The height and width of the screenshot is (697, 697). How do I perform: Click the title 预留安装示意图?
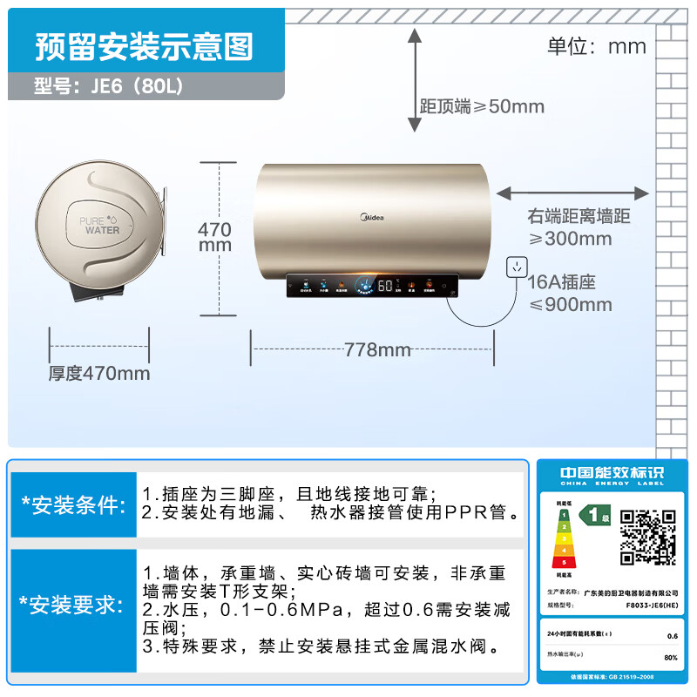pos(144,47)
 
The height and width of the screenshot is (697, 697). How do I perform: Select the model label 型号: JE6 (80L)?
pos(110,87)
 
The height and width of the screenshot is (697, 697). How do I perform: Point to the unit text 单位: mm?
pos(597,45)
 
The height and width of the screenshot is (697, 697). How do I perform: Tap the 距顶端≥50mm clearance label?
pos(482,106)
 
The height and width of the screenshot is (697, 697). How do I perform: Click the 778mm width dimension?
pos(376,349)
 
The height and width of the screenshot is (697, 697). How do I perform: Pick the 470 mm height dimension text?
pos(215,237)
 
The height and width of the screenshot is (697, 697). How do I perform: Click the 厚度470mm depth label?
pos(98,373)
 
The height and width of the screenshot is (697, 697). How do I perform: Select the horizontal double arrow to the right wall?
pos(572,192)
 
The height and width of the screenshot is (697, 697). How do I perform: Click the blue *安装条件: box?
pos(73,504)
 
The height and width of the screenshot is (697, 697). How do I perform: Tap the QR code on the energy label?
pos(647,538)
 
